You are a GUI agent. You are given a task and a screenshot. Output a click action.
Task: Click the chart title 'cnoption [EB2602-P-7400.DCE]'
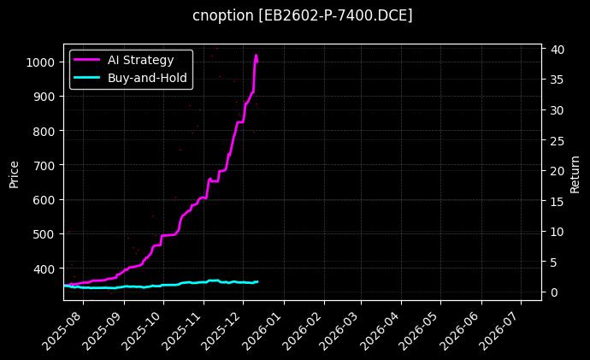[x=302, y=15]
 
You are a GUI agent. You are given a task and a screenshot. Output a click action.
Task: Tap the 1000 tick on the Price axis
[x=42, y=62]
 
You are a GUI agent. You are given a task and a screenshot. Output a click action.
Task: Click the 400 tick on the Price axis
[x=45, y=269]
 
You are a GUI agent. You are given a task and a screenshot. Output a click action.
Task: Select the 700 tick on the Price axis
[x=45, y=165]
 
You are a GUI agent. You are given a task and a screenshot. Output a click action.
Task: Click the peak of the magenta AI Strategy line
[x=256, y=56]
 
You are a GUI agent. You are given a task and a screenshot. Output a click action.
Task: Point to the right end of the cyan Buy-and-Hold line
[x=257, y=281]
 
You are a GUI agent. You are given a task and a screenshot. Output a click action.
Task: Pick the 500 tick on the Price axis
[x=45, y=234]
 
